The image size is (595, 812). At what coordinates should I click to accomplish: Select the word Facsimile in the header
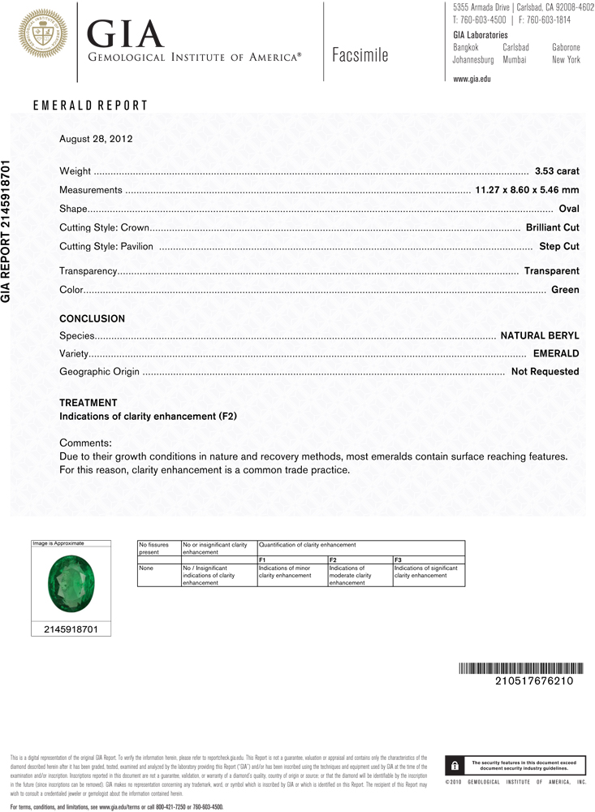click(360, 56)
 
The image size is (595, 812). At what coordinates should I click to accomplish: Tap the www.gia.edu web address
click(472, 79)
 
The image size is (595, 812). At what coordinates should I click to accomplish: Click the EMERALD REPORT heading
click(90, 106)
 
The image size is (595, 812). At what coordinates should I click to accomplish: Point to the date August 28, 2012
click(96, 139)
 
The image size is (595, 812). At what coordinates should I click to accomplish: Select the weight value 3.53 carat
click(557, 171)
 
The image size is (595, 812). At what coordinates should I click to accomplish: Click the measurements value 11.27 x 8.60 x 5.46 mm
click(526, 190)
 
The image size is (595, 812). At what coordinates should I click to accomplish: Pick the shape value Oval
click(569, 209)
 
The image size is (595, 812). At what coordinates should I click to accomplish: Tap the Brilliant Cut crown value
click(552, 227)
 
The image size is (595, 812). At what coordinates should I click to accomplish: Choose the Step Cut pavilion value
click(558, 246)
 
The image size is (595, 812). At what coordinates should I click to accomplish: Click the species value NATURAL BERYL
click(540, 335)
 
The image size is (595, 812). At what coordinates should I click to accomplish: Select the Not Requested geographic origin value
click(545, 371)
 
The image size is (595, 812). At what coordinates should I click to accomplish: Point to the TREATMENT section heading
click(88, 403)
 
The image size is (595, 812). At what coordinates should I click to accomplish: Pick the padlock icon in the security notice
click(455, 766)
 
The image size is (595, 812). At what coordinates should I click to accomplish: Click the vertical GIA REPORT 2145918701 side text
click(6, 231)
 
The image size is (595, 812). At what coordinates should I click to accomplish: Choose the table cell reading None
click(147, 568)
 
